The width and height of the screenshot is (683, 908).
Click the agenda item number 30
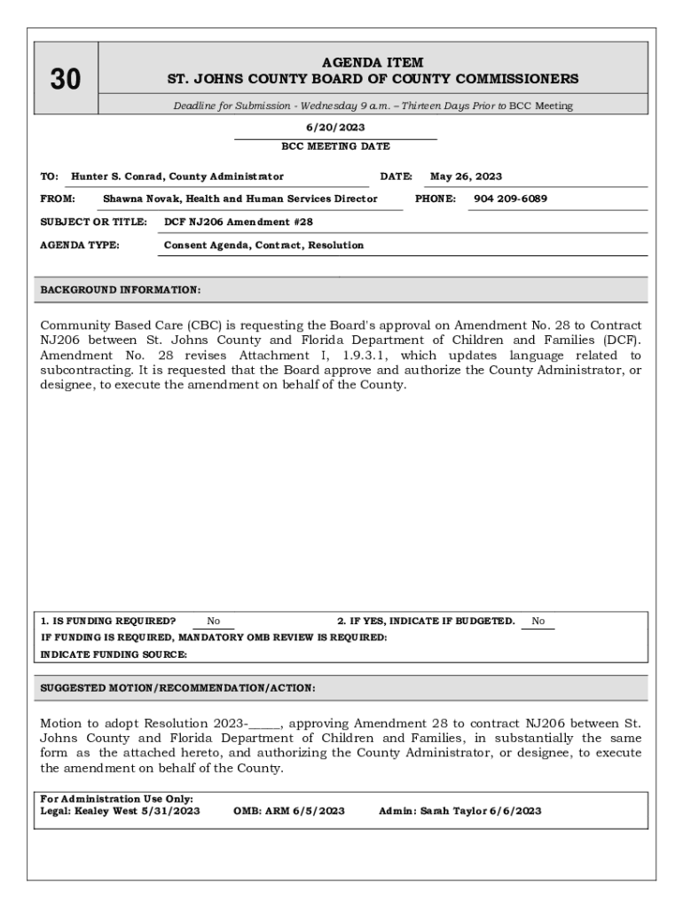65,80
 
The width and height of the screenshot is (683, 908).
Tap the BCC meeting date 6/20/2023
335,128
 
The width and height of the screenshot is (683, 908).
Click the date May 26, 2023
466,176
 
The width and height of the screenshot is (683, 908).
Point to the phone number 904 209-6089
510,199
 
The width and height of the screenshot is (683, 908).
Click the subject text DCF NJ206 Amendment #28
239,222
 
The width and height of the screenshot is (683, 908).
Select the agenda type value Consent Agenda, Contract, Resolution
263,245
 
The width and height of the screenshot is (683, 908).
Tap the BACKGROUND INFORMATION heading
121,290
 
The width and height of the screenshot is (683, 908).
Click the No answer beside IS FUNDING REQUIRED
214,622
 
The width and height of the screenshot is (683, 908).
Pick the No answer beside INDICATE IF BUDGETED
538,622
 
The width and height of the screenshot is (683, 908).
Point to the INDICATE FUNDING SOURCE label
114,654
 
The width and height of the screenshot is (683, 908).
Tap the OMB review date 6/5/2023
318,810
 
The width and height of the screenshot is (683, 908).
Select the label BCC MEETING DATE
335,146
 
